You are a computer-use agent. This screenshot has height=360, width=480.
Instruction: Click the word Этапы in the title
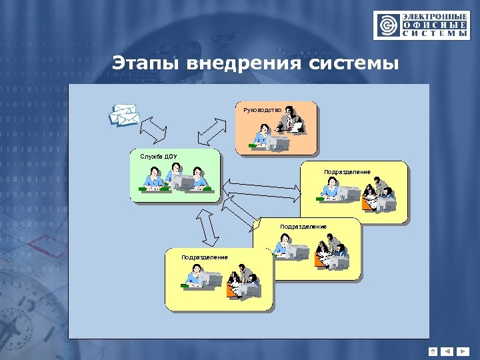[145, 65]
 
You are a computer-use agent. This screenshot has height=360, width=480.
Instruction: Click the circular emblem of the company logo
[387, 26]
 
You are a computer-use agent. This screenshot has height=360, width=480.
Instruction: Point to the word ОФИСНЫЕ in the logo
[434, 24]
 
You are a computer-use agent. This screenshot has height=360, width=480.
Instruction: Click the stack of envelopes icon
[124, 115]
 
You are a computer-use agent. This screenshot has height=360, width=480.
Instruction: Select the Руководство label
[263, 109]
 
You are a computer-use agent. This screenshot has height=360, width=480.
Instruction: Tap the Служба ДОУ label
[159, 157]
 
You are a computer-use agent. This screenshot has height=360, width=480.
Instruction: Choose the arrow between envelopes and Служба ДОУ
[154, 130]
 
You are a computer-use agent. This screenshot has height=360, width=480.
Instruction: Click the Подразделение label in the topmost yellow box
[347, 172]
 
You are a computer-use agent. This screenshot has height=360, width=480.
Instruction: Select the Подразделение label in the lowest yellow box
[205, 257]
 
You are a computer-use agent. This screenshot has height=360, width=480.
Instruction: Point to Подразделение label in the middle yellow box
[303, 227]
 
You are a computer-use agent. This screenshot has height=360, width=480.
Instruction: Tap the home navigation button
[433, 351]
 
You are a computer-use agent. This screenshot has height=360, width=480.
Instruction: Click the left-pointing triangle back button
[447, 351]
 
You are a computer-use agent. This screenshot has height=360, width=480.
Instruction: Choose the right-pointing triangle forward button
[463, 351]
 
